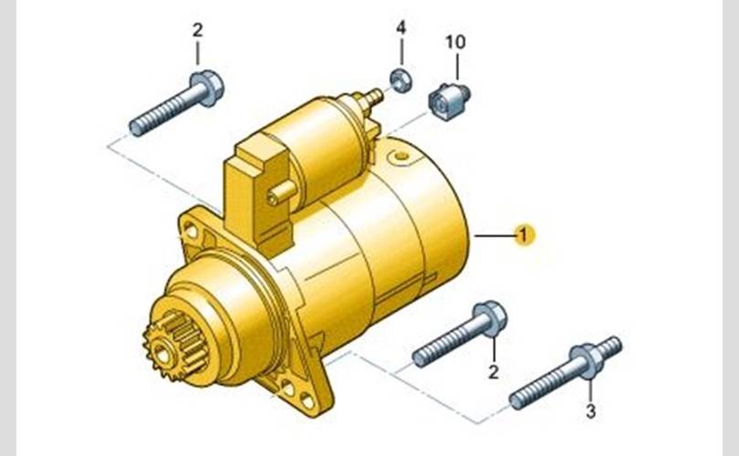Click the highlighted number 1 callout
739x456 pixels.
pyautogui.click(x=524, y=234)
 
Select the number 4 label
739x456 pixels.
pyautogui.click(x=401, y=27)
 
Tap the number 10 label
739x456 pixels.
pyautogui.click(x=455, y=42)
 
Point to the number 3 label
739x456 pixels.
pyautogui.click(x=590, y=411)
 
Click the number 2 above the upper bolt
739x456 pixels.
pyautogui.click(x=197, y=30)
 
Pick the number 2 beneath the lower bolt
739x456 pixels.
pyautogui.click(x=493, y=372)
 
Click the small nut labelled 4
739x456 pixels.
pyautogui.click(x=401, y=80)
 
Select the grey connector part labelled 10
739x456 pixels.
pyautogui.click(x=448, y=101)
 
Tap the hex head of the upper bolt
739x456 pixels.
pyautogui.click(x=207, y=88)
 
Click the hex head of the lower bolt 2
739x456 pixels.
pyautogui.click(x=490, y=318)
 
